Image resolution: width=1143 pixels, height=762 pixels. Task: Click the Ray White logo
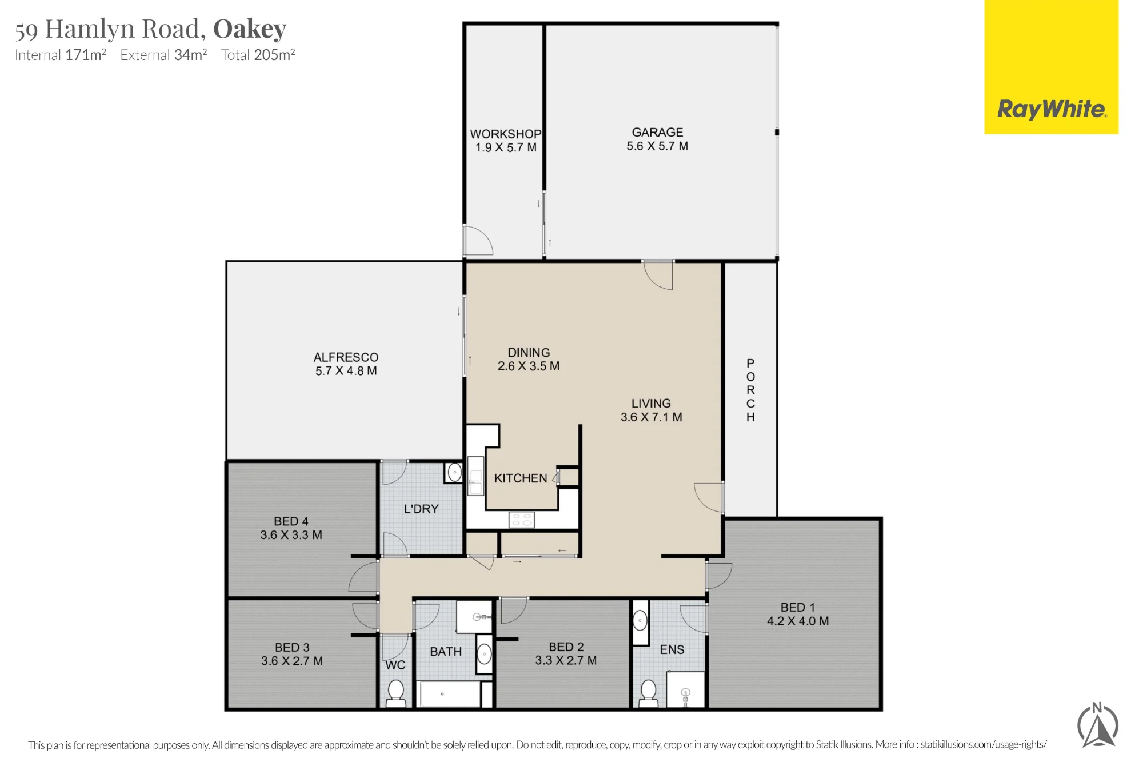coord(1051,67)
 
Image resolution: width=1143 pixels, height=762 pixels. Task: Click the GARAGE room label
coord(657,133)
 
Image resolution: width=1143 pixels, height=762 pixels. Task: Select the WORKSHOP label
coord(506,134)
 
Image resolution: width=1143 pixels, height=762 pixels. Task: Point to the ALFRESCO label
coord(346,357)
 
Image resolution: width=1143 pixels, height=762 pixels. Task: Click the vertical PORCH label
coord(750,390)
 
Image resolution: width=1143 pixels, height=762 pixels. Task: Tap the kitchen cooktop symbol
coord(521,520)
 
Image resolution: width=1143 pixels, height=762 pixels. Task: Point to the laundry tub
coord(454,473)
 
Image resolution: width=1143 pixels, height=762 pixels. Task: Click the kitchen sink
coord(475,476)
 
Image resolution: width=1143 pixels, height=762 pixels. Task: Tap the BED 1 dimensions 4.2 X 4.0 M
coord(798,621)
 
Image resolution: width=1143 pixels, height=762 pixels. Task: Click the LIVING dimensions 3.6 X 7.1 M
coord(652,417)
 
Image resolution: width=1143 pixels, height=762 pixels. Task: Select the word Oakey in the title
coord(250,29)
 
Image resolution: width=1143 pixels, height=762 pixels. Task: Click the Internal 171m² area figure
coord(61,55)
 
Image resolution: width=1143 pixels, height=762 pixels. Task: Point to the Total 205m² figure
coord(258,55)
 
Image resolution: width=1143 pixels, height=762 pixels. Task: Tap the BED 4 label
coord(291,521)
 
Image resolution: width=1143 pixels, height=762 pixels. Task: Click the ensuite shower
coord(686,690)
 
